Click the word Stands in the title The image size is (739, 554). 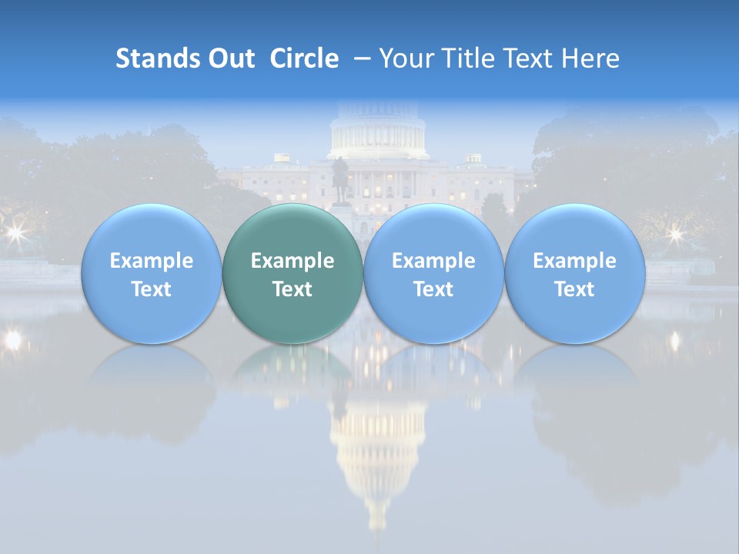coord(152,58)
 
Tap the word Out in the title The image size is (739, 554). coord(229,58)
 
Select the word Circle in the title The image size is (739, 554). coord(304,58)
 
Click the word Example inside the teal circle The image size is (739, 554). coord(293,261)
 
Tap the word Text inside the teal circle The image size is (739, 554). coord(293,289)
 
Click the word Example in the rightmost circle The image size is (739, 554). coord(574,261)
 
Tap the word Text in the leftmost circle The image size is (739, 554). coord(151,289)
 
